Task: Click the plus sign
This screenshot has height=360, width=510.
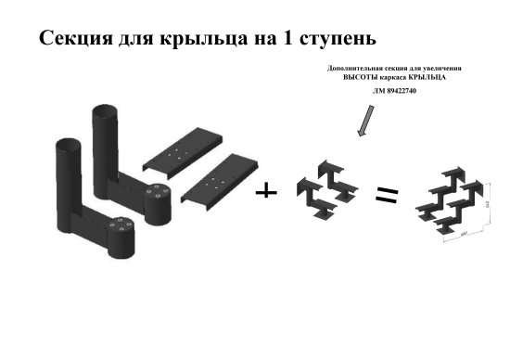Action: click(x=266, y=190)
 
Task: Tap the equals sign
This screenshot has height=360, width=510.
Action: click(x=386, y=195)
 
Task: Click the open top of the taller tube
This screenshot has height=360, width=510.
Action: click(x=104, y=112)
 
